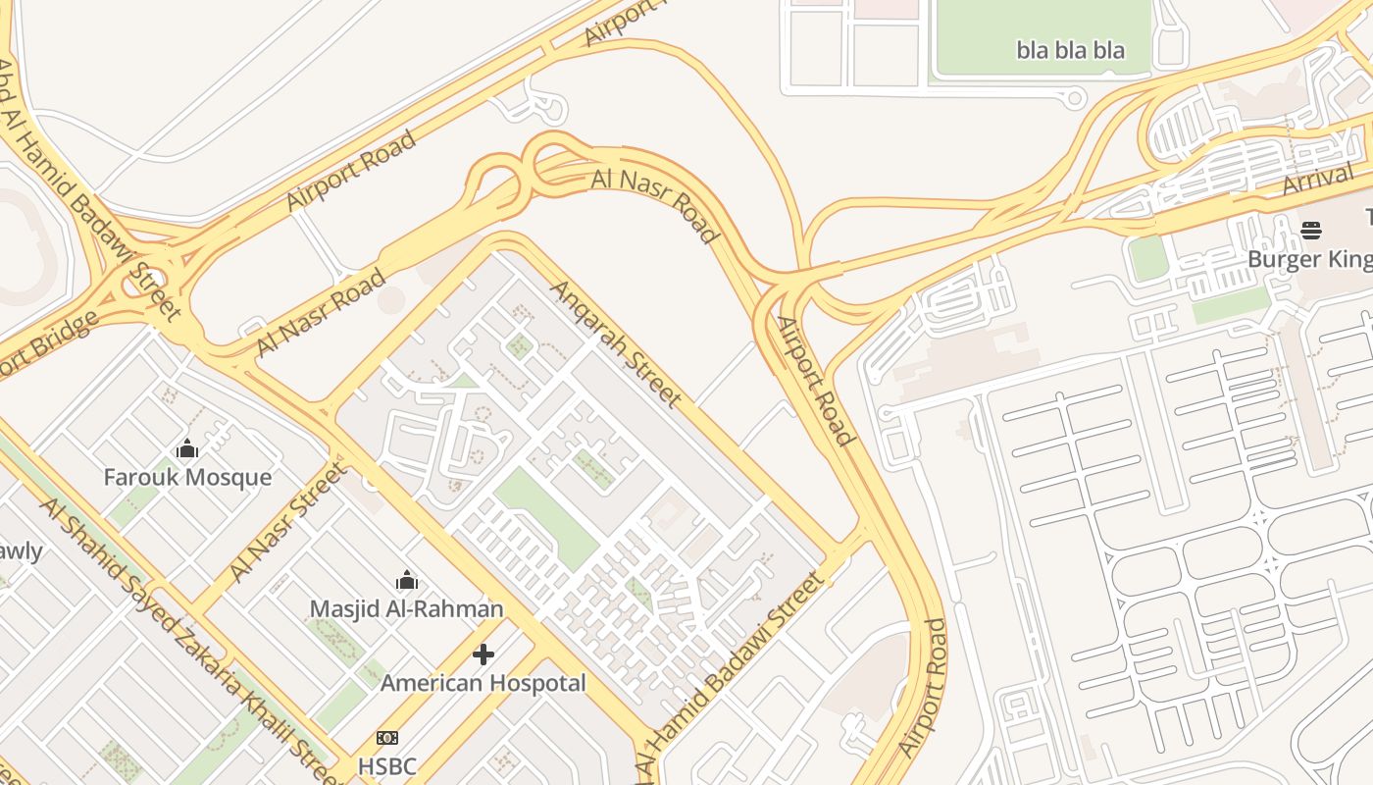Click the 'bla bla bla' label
pos(1070,50)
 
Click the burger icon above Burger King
pos(1311,231)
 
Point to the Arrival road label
pos(1317,182)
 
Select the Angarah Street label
pos(616,343)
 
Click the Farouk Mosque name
pos(187,478)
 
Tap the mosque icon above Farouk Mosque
pos(187,449)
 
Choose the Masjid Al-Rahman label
pos(406,609)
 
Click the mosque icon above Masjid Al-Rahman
pos(406,581)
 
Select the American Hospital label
pos(483,683)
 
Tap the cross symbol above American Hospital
pos(483,654)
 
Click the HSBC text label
pos(387,766)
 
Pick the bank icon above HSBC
pos(387,738)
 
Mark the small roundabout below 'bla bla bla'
pos(1075,97)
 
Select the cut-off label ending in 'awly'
pos(20,551)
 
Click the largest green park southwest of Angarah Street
pos(546,518)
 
